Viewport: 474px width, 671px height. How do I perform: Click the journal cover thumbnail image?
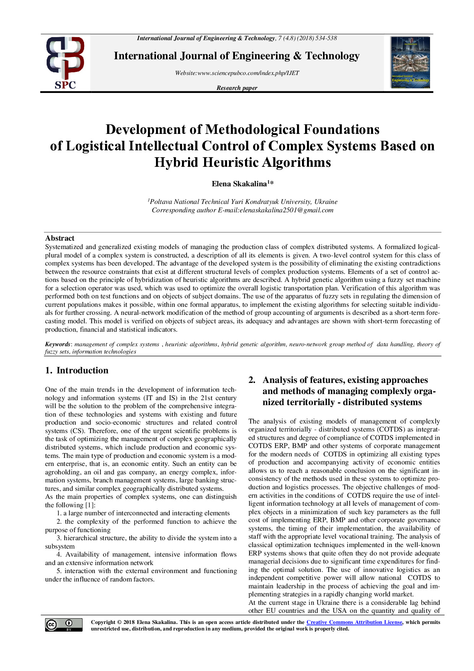click(411, 63)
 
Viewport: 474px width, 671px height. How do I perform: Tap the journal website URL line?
click(237, 73)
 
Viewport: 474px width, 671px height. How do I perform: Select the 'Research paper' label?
click(237, 88)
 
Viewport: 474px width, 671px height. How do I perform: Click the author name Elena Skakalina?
click(239, 184)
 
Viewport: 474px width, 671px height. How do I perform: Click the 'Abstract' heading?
click(60, 238)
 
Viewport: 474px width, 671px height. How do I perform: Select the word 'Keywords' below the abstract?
click(58, 344)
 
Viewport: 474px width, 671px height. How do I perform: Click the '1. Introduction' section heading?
click(76, 370)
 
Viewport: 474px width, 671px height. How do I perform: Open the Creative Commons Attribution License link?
click(354, 622)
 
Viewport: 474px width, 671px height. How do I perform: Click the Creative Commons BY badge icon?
click(64, 625)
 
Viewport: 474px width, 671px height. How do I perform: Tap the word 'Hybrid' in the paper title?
click(177, 163)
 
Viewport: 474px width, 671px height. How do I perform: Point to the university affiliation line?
click(243, 202)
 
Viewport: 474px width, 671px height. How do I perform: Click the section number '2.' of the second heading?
click(252, 380)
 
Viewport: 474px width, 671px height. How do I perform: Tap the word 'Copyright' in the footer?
click(103, 622)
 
